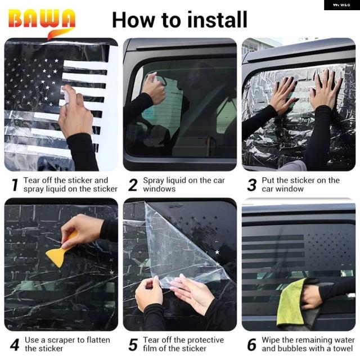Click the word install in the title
click(217, 20)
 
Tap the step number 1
click(15, 185)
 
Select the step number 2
click(133, 185)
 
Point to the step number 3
click(252, 185)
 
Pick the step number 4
click(15, 345)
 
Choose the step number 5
click(133, 345)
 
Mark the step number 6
click(252, 345)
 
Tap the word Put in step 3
click(268, 181)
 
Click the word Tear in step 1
click(31, 181)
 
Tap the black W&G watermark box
click(342, 5)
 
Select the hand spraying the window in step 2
click(154, 89)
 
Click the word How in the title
click(134, 20)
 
